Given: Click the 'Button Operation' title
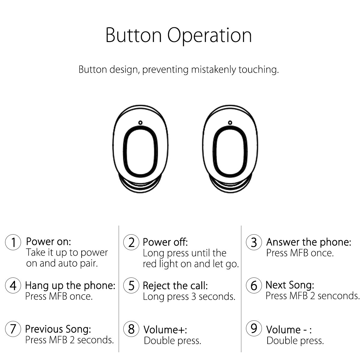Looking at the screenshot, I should [179, 35].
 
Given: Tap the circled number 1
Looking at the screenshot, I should [13, 242].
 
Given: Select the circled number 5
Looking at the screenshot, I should [131, 286].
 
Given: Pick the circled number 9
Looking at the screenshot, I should [254, 328].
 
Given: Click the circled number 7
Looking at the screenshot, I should [13, 329].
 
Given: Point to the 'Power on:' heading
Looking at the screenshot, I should [49, 241].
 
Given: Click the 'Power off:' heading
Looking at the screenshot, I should [165, 242].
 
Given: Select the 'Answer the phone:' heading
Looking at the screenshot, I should [308, 242].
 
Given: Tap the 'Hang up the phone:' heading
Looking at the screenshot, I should [70, 285].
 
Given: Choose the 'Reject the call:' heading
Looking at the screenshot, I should [175, 286].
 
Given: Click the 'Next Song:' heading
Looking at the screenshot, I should [290, 285].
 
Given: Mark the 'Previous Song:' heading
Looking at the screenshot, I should [58, 329].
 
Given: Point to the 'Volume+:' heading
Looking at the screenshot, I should [165, 330].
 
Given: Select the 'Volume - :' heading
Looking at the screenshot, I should [289, 330].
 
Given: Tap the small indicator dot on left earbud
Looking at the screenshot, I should [140, 122].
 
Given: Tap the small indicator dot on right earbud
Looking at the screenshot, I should [230, 122].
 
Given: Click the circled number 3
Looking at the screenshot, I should [254, 242].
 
